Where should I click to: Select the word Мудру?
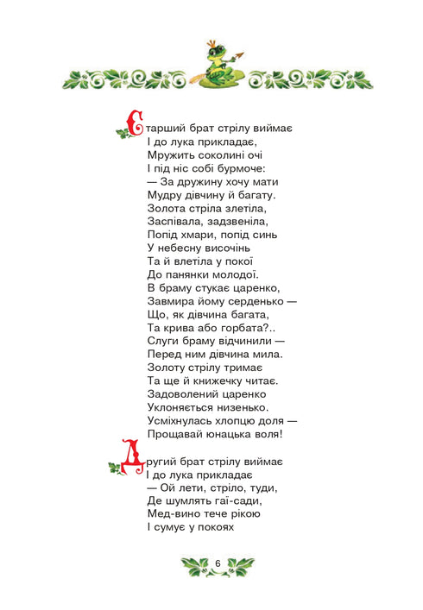[x=167, y=196]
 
